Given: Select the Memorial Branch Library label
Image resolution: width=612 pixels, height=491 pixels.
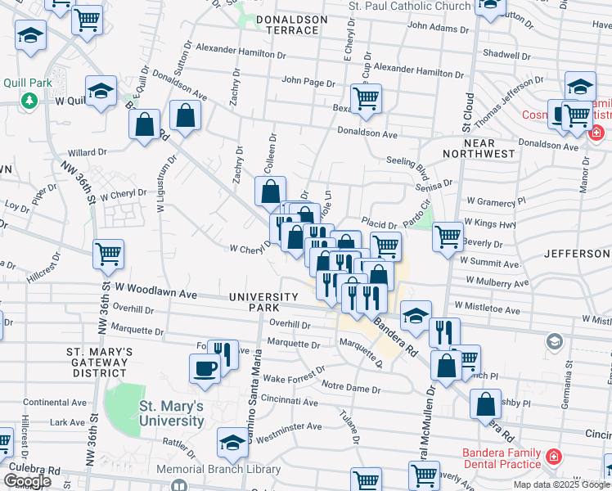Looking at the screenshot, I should coord(218,470).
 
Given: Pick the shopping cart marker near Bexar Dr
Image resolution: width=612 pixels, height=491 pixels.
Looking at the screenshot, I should coord(367,98).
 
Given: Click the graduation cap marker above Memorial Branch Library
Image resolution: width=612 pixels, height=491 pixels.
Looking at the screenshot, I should coord(232,443).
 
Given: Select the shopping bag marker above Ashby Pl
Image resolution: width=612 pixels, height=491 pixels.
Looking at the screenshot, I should coord(486,403).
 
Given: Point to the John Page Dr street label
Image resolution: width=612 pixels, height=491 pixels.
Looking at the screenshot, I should coord(308,82).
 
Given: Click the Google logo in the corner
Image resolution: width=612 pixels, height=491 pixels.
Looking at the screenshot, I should coord(27,481).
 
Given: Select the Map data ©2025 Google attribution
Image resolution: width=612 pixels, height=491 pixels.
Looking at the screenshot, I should coord(561,484).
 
